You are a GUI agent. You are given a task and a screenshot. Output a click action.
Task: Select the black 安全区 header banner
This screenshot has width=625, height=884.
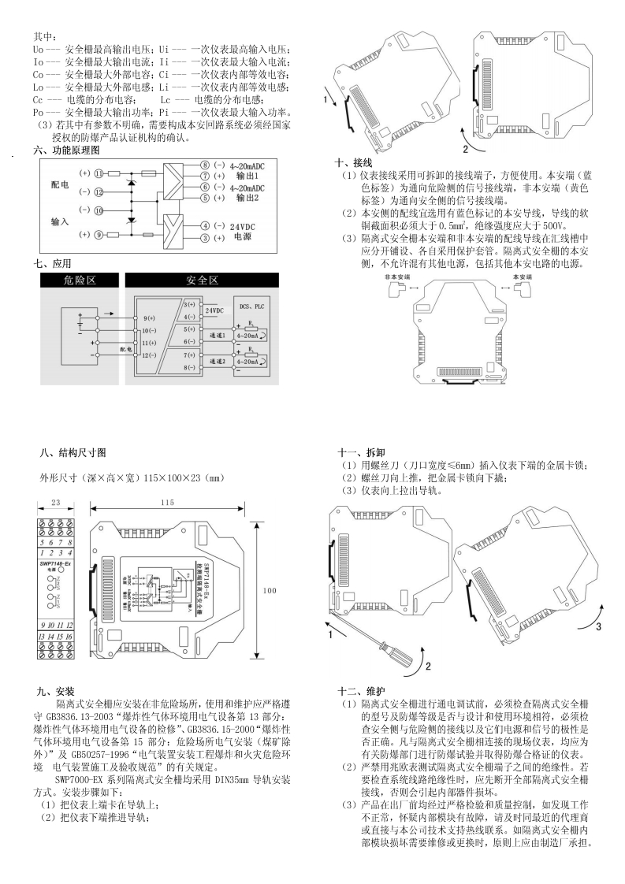pos(202,280)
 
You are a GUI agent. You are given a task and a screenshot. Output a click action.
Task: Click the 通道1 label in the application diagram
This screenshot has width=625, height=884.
pos(216,335)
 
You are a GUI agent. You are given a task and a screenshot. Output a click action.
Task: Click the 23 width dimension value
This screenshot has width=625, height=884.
pos(56,503)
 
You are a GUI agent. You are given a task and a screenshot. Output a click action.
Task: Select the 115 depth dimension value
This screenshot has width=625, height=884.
pos(167,503)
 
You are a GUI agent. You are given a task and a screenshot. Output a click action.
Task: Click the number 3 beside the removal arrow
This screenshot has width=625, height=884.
pos(598,627)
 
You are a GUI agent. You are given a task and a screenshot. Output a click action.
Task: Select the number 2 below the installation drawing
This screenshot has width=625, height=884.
pos(465,148)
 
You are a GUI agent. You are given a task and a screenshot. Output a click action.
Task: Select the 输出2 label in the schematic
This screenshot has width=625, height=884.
pos(236,198)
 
